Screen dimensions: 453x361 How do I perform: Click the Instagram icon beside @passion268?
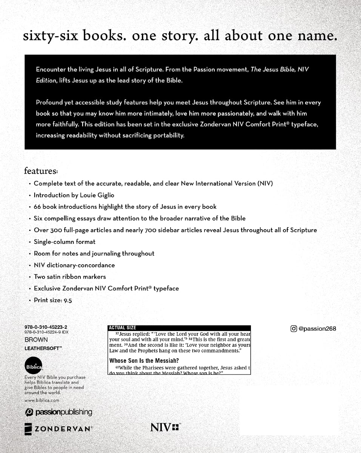coord(293,328)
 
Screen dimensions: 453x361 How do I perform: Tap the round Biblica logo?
coord(33,366)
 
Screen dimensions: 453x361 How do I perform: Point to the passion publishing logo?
coord(58,412)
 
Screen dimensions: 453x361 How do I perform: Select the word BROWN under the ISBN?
coord(36,340)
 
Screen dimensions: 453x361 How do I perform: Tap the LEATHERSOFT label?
coord(43,348)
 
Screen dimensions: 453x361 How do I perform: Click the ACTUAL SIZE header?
coord(123,328)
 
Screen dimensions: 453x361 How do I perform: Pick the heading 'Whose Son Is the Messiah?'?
coord(144,361)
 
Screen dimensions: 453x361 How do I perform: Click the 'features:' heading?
coord(41,171)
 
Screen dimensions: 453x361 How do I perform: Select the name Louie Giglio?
coord(97,195)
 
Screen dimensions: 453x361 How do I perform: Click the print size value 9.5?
coord(68,300)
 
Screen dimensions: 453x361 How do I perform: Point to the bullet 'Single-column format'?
coord(65,242)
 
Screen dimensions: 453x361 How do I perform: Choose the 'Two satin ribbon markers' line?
coord(70,277)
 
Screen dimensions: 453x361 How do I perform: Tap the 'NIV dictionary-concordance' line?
coord(74,265)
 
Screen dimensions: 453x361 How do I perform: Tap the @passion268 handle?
coord(317,328)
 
